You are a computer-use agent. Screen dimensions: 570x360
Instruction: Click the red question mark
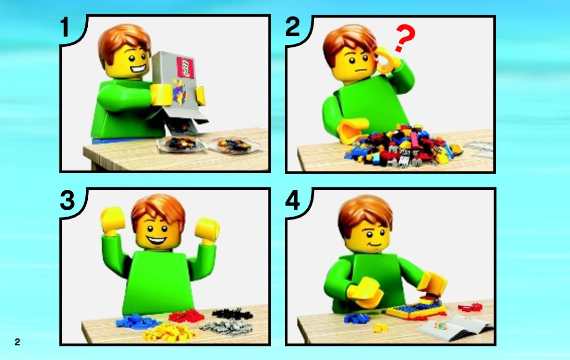[405, 38]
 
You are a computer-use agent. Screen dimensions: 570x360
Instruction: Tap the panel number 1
[65, 27]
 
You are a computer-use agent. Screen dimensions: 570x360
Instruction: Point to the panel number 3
[67, 200]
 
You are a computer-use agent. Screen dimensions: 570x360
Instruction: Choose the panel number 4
[293, 200]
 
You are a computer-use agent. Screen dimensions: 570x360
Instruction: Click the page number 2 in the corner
[18, 342]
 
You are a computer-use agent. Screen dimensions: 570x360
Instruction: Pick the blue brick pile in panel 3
[137, 321]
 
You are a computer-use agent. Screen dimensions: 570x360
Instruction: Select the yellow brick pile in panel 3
[169, 332]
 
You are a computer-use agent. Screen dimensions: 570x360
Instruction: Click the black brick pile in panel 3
[232, 314]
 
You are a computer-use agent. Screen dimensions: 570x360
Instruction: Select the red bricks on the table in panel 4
[470, 308]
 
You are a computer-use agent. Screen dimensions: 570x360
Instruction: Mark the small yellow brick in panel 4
[380, 328]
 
